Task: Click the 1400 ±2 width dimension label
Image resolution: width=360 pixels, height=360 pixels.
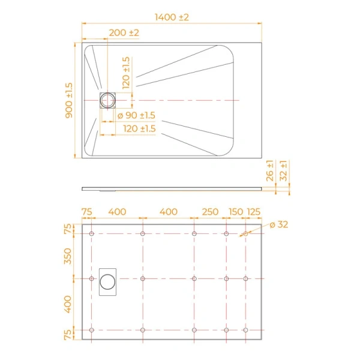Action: click(172, 17)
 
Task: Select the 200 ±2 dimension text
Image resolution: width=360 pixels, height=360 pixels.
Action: click(124, 32)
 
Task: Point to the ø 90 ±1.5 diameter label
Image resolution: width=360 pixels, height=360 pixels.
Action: click(136, 115)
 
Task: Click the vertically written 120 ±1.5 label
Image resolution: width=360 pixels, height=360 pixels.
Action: click(125, 73)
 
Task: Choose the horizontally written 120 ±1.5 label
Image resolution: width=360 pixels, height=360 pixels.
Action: click(140, 128)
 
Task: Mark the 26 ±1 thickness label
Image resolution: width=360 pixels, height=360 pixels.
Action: click(271, 171)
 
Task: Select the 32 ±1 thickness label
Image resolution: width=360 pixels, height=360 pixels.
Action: click(284, 171)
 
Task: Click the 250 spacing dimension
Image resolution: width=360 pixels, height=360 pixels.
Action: click(210, 212)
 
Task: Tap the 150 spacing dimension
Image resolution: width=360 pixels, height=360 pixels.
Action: click(236, 212)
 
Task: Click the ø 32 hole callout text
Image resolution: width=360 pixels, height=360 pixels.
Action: click(279, 224)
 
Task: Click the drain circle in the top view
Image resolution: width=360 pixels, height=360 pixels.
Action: click(108, 100)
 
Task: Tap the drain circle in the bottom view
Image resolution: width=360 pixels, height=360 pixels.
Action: click(108, 279)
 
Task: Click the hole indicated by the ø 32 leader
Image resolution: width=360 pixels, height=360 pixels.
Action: click(246, 233)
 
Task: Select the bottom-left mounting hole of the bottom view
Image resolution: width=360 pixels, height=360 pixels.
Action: click(91, 330)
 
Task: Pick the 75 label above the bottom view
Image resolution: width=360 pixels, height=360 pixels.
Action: click(86, 212)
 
